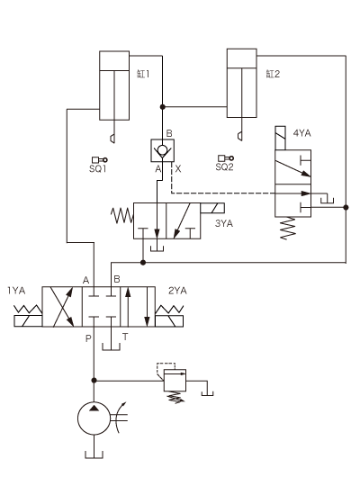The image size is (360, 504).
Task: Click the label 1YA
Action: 16,291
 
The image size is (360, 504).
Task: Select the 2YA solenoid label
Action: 177,291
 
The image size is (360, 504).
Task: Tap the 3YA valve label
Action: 224,223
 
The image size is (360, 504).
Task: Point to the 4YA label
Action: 301,133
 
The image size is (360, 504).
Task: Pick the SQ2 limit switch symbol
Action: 226,158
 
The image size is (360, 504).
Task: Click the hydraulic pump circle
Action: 94,418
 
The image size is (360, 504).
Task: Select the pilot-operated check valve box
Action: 163,150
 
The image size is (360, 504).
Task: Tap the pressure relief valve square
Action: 175,380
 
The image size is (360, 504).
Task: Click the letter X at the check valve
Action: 178,169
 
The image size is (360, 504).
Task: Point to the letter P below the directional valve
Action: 88,338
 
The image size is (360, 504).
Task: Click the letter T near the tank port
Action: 125,337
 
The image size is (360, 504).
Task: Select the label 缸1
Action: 143,74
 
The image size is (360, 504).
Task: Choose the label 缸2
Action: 273,74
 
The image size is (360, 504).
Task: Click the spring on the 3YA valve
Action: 122,215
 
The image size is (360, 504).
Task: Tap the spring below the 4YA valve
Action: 288,229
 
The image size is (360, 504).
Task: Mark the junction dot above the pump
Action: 94,381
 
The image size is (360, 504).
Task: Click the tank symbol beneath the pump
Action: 94,454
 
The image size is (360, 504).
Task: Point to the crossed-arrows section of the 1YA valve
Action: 62,307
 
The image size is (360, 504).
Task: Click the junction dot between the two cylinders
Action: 163,107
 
